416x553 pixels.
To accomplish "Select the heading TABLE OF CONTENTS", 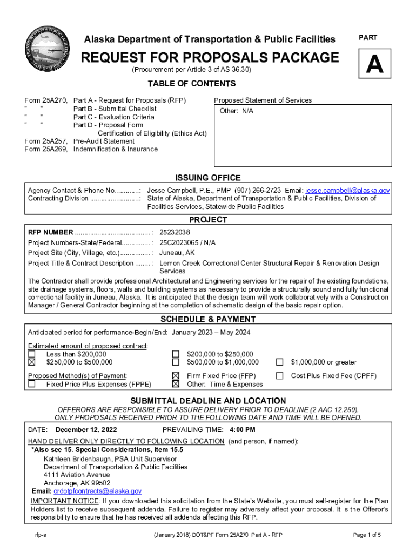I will (x=192, y=84).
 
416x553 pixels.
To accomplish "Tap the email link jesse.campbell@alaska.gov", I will (x=347, y=191).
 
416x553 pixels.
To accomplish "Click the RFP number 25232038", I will (x=175, y=232).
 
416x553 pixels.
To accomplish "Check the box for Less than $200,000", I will (x=32, y=354).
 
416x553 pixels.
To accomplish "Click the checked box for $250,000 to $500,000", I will (x=32, y=362).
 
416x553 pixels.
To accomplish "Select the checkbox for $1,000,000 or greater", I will (x=280, y=362).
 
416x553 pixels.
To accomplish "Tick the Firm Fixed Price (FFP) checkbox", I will (x=176, y=376).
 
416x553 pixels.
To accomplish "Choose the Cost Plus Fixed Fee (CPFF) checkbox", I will (x=280, y=376).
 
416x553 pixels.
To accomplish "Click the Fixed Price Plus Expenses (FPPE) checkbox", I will (x=32, y=384).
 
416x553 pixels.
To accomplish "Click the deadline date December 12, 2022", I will (x=86, y=430).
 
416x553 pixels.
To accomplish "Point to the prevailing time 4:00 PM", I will (x=243, y=430).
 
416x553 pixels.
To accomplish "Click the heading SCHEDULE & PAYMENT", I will (x=208, y=319).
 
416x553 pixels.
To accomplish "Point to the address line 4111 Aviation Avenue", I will (x=77, y=475).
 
